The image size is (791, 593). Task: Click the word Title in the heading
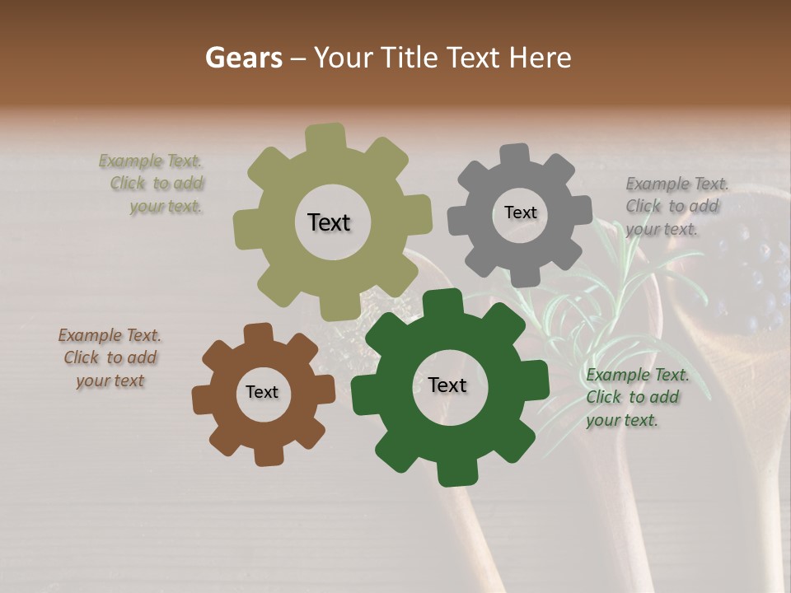click(x=410, y=58)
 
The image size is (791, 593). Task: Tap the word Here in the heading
click(x=541, y=58)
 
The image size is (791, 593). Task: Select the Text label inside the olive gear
click(x=329, y=222)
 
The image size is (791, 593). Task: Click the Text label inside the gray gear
click(x=520, y=212)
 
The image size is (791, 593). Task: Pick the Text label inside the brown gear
click(x=262, y=393)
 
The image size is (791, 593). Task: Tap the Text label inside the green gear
click(x=447, y=385)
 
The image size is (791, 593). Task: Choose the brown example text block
click(x=110, y=357)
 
